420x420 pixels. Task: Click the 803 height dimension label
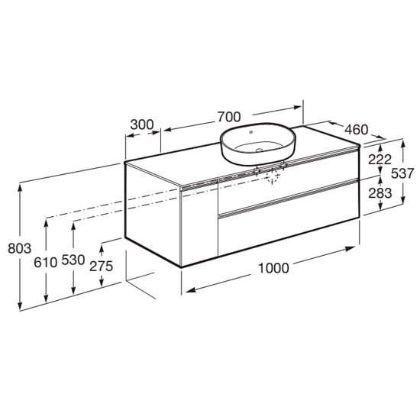point(20,248)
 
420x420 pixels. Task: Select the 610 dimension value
point(46,262)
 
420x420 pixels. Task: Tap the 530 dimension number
point(73,260)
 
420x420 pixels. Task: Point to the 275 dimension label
point(102,266)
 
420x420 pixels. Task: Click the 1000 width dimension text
point(273,268)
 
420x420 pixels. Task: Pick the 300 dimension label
point(142,124)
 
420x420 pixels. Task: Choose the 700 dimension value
point(229,117)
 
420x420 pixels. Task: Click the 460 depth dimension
point(357,130)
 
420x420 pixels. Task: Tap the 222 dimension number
point(380,160)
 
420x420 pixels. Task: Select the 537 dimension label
point(403,173)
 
